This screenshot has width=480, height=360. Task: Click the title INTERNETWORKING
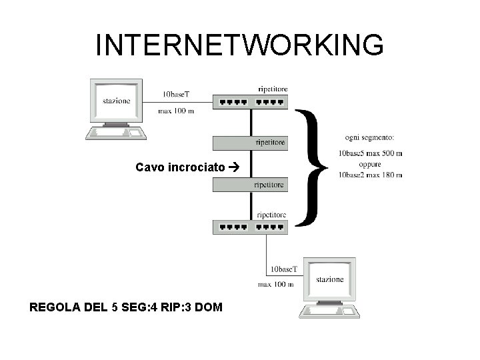click(239, 45)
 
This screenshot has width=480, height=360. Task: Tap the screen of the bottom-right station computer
click(329, 279)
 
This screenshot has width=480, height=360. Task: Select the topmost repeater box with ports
click(250, 102)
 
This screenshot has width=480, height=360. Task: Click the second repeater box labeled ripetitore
click(250, 143)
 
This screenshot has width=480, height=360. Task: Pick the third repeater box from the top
click(250, 184)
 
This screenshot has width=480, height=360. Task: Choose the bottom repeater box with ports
click(250, 227)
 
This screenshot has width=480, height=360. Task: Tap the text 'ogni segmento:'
click(369, 137)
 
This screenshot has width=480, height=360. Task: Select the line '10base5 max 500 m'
click(370, 154)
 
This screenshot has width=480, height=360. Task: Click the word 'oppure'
click(369, 164)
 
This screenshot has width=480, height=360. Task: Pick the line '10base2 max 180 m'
click(370, 175)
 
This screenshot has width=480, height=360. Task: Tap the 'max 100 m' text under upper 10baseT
click(176, 111)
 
